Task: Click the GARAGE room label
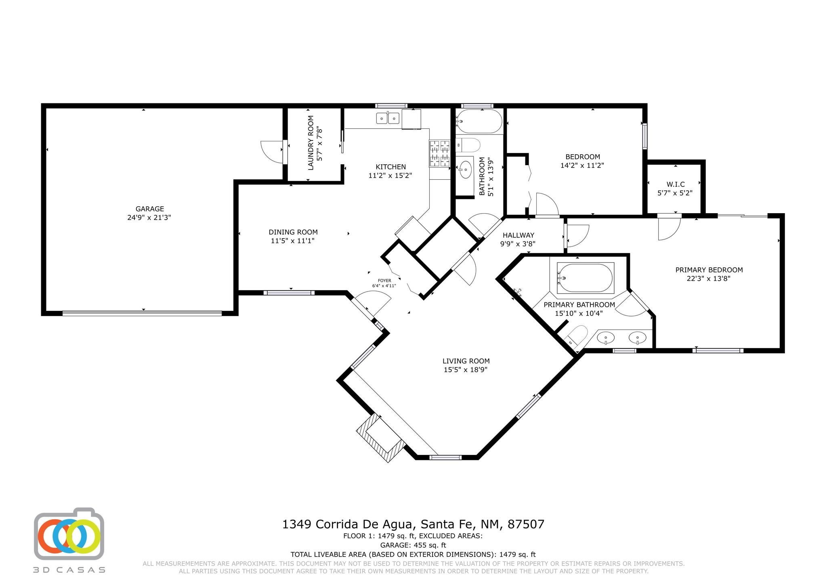(x=149, y=209)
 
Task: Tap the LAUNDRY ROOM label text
(x=311, y=143)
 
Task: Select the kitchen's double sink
(x=388, y=118)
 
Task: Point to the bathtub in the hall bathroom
(x=479, y=121)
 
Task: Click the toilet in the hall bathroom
(x=468, y=145)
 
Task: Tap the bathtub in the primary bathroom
(x=585, y=278)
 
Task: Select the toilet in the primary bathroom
(x=575, y=336)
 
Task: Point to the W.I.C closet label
(x=676, y=184)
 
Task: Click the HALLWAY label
(x=518, y=235)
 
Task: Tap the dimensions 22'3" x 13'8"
(x=709, y=278)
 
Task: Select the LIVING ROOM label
(x=466, y=361)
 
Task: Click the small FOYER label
(x=384, y=281)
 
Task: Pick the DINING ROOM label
(x=293, y=232)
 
